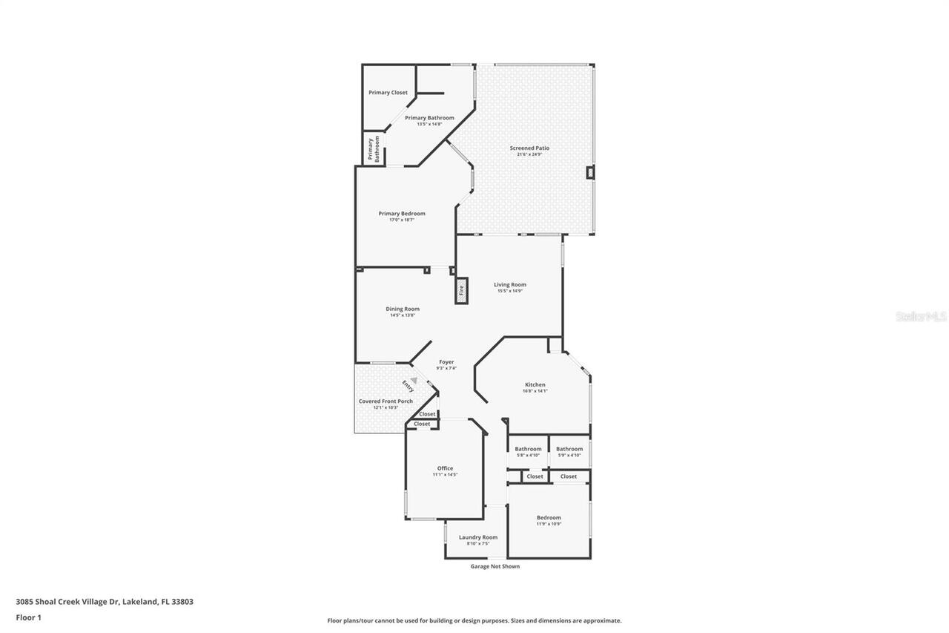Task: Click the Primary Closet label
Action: [x=388, y=93]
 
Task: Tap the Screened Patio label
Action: [x=529, y=148]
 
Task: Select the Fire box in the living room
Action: [x=460, y=290]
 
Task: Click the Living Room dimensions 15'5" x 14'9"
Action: [x=510, y=291]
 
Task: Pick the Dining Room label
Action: [x=402, y=309]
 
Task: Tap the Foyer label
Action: [x=446, y=362]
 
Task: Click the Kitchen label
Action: [x=535, y=384]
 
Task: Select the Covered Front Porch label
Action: [x=386, y=401]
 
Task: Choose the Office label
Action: [x=445, y=468]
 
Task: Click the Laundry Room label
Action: [x=477, y=537]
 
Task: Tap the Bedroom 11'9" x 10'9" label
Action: [x=549, y=518]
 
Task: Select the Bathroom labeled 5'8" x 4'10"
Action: [x=528, y=449]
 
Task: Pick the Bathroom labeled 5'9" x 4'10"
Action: [x=569, y=449]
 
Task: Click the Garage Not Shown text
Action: [x=495, y=566]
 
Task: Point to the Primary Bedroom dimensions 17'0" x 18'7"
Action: [x=402, y=220]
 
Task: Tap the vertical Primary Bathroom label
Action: [x=373, y=148]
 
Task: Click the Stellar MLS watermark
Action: [x=921, y=316]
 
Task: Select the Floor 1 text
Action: [x=28, y=617]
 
